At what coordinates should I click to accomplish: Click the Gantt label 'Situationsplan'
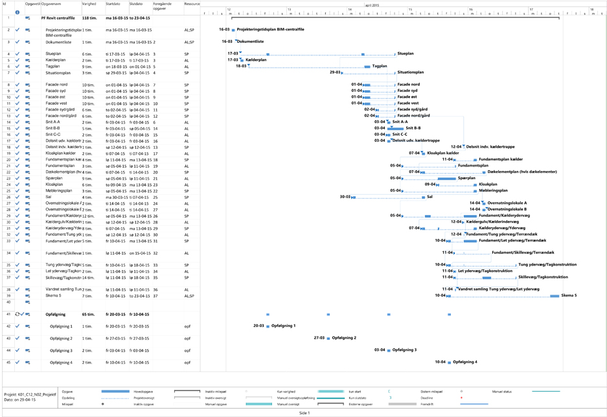click(x=411, y=73)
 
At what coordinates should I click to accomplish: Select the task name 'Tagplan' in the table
click(x=52, y=66)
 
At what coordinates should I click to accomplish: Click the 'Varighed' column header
click(x=89, y=4)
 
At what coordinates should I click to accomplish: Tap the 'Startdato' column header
click(x=113, y=4)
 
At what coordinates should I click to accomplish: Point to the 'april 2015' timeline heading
click(x=372, y=5)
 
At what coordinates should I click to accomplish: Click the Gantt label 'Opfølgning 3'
click(x=402, y=350)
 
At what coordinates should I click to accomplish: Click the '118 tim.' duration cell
click(x=89, y=18)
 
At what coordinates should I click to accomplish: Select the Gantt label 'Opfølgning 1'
click(x=283, y=326)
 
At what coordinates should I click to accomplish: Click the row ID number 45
click(x=8, y=362)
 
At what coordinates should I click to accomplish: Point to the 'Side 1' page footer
click(x=304, y=412)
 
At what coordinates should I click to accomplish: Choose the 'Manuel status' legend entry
click(x=503, y=391)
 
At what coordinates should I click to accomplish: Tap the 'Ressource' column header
click(x=192, y=4)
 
